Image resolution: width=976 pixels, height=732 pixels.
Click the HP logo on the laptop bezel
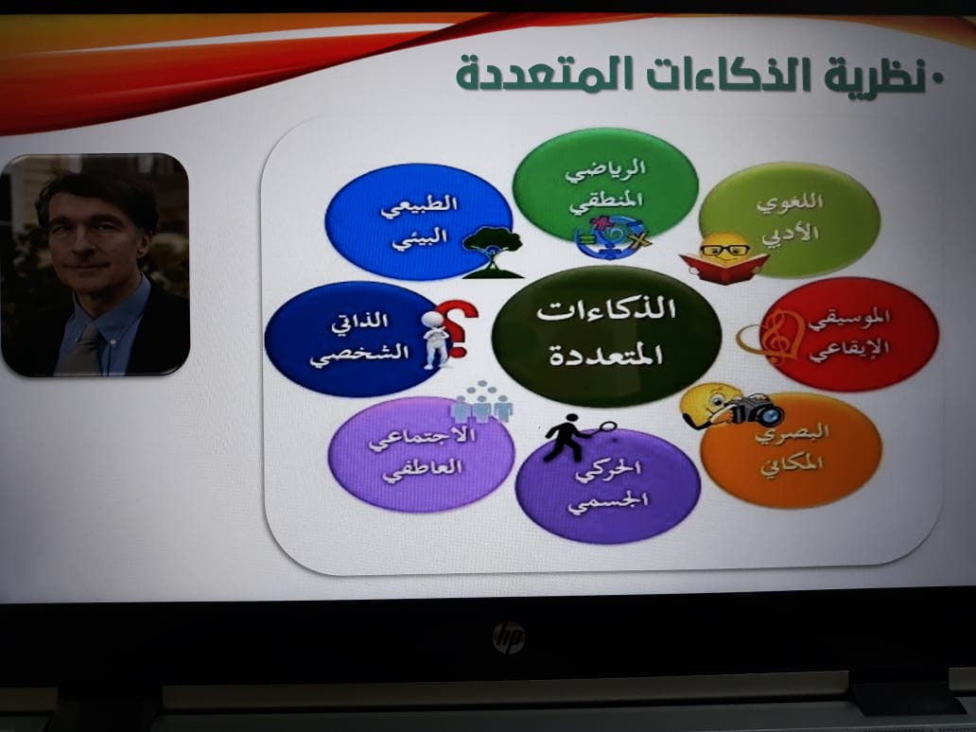509,637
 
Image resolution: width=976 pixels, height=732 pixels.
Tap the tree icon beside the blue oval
493,253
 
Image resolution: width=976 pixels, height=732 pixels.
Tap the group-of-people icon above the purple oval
481,402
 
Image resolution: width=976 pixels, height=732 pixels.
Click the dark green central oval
606,336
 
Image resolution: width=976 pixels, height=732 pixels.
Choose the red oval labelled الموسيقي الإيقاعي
849,334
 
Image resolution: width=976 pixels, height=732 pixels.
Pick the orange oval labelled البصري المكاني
792,449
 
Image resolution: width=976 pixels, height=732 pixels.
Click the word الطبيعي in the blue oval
419,205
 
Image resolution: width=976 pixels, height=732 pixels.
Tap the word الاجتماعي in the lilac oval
422,438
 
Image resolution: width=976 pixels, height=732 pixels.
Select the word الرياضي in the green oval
605,169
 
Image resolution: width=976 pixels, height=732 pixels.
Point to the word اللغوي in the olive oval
790,203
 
